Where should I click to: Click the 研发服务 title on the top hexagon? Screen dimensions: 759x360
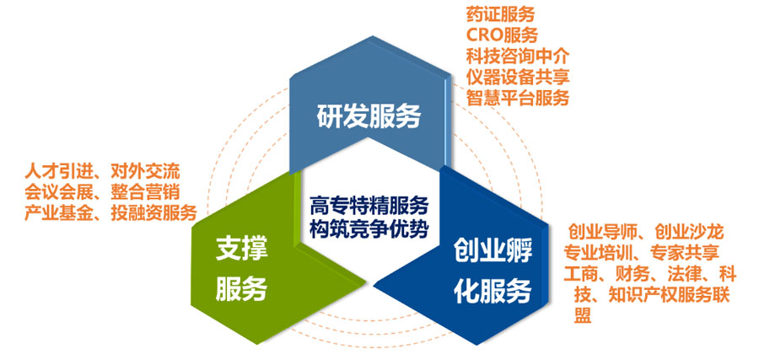coord(369,117)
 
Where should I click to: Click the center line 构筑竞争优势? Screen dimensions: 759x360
coord(369,228)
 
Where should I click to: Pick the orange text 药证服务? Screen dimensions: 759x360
coord(500,14)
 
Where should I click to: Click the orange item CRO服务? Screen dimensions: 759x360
coord(502,35)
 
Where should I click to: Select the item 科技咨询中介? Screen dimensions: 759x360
coord(518,56)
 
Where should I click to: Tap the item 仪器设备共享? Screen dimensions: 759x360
coord(518,77)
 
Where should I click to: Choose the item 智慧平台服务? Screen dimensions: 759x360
coord(518,98)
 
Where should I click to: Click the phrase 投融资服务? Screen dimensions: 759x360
coord(153,213)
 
